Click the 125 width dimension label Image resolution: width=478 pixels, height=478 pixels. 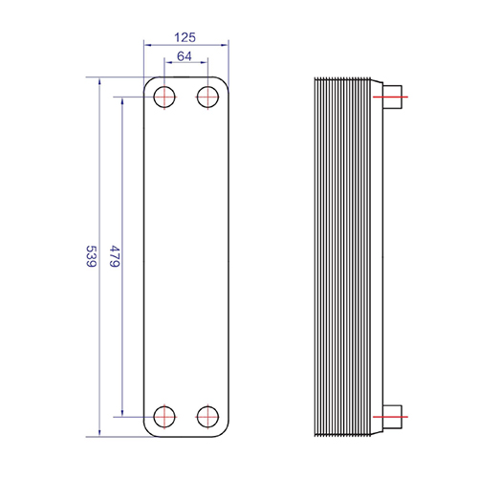click(185, 37)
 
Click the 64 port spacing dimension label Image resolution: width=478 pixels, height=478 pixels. click(185, 56)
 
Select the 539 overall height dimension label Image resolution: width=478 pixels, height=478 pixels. click(92, 256)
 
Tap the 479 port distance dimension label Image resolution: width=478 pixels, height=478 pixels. click(115, 256)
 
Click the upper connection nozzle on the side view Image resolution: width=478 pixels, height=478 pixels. click(392, 97)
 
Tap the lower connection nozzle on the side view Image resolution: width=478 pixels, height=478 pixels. click(392, 417)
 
